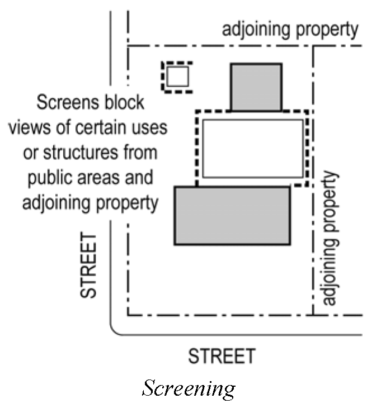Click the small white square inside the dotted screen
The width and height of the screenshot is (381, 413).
coord(178,77)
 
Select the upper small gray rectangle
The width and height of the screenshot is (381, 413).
coord(256,87)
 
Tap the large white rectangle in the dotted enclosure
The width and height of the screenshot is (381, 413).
coord(253,148)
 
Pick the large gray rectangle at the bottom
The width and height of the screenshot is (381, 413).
coord(232,216)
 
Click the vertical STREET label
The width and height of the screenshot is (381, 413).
coord(90,266)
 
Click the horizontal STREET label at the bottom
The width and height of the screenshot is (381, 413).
coord(222,356)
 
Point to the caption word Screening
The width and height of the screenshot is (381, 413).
coord(189,388)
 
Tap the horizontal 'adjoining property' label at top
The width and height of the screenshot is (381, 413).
coord(290,29)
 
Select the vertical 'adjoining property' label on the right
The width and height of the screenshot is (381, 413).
coord(332,239)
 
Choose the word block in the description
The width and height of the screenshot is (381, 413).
coord(126,103)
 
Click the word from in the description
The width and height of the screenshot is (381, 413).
coord(138,152)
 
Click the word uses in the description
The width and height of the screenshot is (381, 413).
coord(149,127)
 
